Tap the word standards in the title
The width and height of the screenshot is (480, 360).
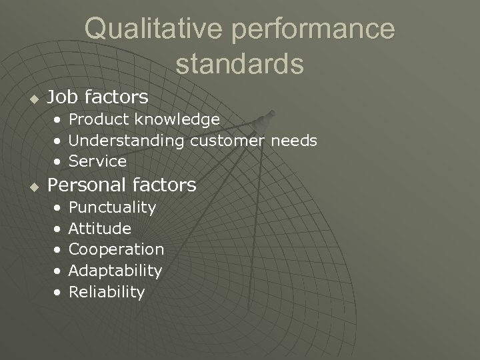click(x=240, y=64)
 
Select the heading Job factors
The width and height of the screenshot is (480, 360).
click(x=97, y=97)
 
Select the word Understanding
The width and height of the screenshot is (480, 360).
click(x=127, y=141)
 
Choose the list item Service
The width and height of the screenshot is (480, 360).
click(x=97, y=161)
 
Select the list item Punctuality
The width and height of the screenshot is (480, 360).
click(x=112, y=207)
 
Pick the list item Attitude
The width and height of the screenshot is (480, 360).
click(x=100, y=229)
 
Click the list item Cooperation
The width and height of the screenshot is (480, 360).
click(x=116, y=249)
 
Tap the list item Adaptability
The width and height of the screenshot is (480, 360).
click(x=115, y=271)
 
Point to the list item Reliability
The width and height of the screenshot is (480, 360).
click(x=107, y=292)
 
